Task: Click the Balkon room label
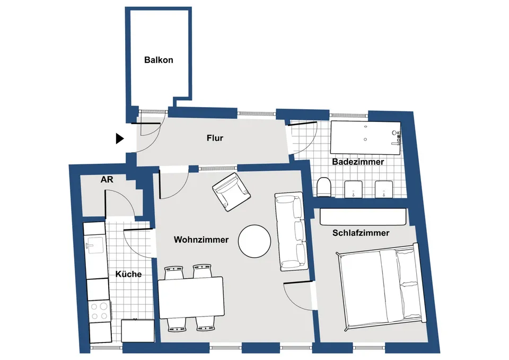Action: tap(159, 60)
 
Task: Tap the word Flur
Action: tap(215, 138)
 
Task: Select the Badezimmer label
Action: tap(358, 162)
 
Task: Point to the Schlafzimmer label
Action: tap(361, 233)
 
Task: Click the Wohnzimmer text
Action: tap(201, 240)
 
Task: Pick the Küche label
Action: tap(128, 274)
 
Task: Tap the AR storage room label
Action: tap(107, 180)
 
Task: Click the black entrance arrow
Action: tap(120, 138)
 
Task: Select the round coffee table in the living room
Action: tap(254, 241)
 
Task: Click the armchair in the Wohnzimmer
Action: tap(231, 192)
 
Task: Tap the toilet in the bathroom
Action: tap(323, 187)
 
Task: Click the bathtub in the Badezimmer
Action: tap(365, 138)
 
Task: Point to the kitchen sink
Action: tap(95, 245)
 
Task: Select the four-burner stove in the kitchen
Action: tap(99, 311)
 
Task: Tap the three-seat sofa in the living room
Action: tap(291, 232)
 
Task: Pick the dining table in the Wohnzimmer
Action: tap(191, 297)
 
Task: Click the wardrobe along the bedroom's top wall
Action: tap(363, 216)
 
